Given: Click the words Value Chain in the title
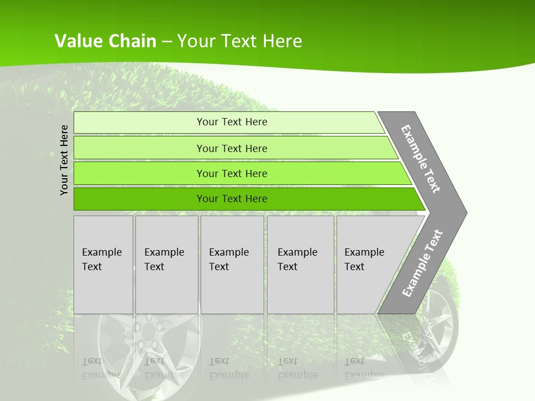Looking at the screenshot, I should tap(105, 41).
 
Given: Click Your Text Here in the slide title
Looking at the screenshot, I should tap(240, 41).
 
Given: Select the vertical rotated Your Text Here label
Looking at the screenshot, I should tap(65, 160).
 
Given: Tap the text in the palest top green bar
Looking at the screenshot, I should tap(232, 122).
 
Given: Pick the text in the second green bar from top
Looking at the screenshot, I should tap(232, 148).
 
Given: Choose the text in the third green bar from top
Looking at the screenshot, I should tap(232, 173).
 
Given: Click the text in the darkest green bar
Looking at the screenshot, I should tap(232, 199).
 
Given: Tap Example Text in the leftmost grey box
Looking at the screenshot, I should tap(101, 260).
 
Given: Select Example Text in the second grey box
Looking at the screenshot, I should tap(164, 260).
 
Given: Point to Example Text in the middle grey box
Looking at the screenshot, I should tap(228, 260).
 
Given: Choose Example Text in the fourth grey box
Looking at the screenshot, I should tap(297, 260).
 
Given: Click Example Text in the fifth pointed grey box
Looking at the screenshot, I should tap(364, 260).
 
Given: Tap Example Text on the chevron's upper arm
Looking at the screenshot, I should tap(421, 159).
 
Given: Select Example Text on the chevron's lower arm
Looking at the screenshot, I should tap(422, 263).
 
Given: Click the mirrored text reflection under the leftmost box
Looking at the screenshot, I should tap(101, 368).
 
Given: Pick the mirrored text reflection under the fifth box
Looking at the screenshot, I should tap(364, 368).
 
